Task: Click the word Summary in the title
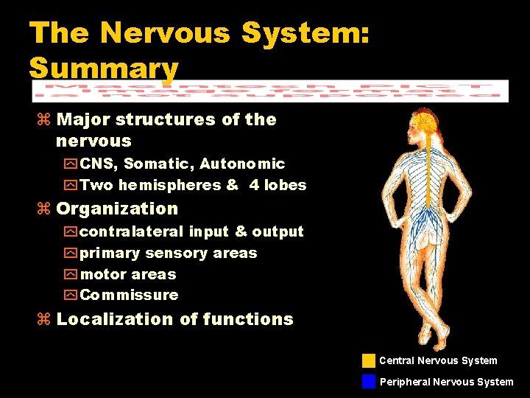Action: (104, 68)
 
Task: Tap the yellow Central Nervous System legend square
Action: (369, 360)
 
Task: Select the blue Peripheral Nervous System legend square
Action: (369, 381)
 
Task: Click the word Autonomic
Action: (242, 164)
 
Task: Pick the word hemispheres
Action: (161, 185)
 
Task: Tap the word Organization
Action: (117, 209)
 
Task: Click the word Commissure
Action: (129, 295)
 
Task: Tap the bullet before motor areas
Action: (71, 274)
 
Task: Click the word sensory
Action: (177, 253)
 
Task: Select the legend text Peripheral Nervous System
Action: (446, 382)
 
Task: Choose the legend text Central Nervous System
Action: (438, 360)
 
